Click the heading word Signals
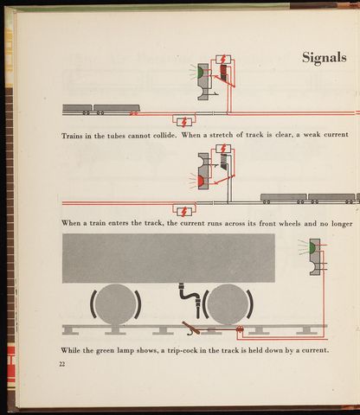pos(325,58)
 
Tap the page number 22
pos(62,364)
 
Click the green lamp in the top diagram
pos(200,72)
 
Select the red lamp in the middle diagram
pos(201,181)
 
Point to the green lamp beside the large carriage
pos(312,247)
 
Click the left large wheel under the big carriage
pos(115,304)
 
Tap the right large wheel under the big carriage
pos(228,304)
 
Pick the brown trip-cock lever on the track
pos(191,329)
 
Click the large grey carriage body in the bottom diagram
pos(169,259)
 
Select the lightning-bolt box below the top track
pos(184,122)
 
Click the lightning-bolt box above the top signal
pos(223,60)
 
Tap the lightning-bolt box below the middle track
pos(184,211)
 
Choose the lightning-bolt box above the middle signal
pos(223,149)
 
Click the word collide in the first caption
pos(164,135)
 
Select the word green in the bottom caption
pos(106,351)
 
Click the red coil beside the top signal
pos(223,73)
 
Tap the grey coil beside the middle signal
pos(224,162)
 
